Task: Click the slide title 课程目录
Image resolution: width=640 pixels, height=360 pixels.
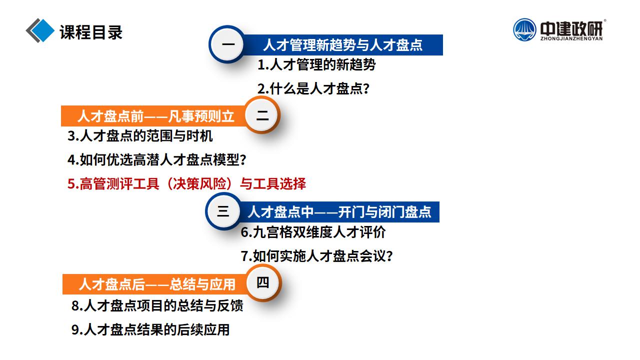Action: click(x=91, y=32)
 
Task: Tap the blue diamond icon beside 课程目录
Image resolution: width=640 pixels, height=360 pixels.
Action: click(x=42, y=30)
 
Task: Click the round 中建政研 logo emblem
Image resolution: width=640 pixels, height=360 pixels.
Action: click(x=524, y=29)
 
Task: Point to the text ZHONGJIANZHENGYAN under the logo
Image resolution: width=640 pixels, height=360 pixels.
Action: click(x=571, y=38)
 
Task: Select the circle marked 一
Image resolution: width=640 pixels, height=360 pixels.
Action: click(x=227, y=44)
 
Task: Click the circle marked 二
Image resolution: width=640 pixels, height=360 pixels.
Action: click(x=261, y=115)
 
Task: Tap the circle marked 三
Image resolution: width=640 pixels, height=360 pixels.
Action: click(x=223, y=211)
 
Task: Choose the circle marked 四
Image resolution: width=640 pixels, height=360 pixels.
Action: click(x=263, y=283)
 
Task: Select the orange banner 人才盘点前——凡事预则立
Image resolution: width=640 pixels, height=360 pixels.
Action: click(x=154, y=116)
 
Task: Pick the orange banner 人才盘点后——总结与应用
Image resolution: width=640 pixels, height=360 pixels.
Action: click(x=155, y=284)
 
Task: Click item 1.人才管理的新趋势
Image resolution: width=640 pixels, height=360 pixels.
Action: click(x=316, y=64)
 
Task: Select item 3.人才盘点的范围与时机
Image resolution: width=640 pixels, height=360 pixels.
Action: click(x=140, y=135)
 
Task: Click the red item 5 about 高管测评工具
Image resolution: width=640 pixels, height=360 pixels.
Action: click(x=186, y=183)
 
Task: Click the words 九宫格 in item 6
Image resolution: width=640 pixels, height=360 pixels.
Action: click(x=273, y=232)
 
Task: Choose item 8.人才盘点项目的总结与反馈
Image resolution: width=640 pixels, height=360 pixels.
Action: click(x=157, y=305)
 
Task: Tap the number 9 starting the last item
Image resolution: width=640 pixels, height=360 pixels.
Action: click(x=75, y=329)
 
